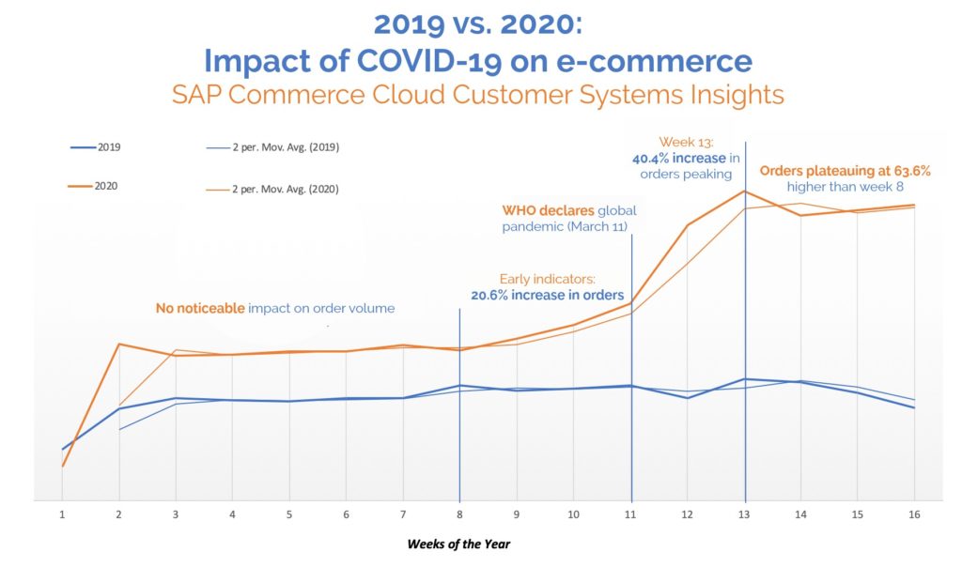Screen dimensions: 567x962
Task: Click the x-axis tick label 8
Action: (459, 514)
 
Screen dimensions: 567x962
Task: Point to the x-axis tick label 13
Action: (745, 514)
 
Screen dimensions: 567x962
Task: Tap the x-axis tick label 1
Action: (62, 514)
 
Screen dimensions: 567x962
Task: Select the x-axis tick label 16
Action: (914, 514)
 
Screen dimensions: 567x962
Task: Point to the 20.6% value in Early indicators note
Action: (493, 295)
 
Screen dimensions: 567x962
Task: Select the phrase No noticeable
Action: (199, 308)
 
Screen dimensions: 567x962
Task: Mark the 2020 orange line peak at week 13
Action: (745, 192)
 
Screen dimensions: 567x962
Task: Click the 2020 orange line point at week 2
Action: (118, 344)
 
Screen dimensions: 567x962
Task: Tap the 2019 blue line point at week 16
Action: (914, 407)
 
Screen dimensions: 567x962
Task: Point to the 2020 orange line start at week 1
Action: (62, 466)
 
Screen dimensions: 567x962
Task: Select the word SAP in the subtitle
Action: (194, 94)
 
